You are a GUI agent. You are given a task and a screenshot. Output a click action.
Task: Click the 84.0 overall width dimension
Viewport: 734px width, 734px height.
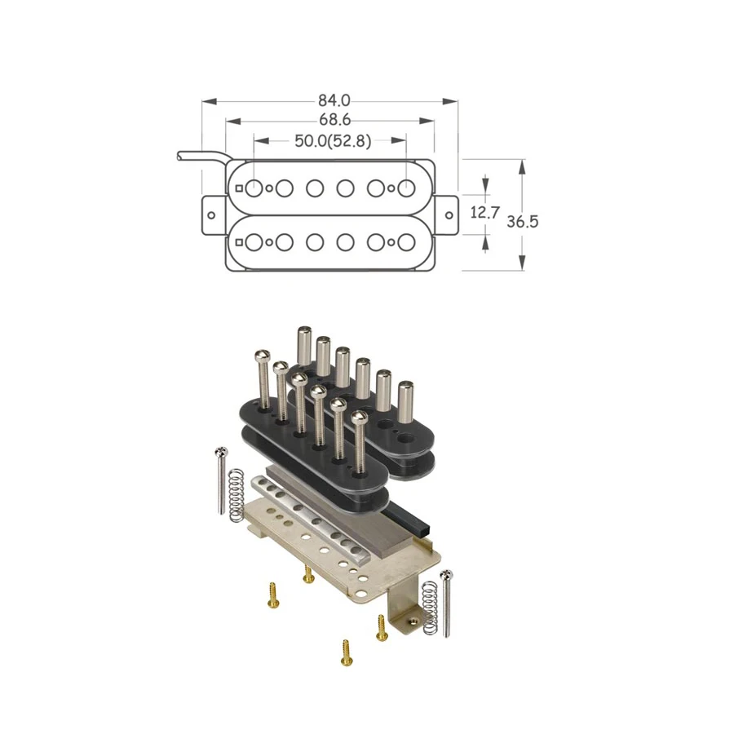(x=334, y=101)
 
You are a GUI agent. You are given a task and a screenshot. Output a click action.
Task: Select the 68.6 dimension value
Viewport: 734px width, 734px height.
(x=334, y=121)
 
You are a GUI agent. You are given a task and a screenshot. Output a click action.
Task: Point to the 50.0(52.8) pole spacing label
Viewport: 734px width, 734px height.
(x=332, y=140)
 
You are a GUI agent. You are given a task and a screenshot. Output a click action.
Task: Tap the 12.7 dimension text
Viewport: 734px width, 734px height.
(x=484, y=213)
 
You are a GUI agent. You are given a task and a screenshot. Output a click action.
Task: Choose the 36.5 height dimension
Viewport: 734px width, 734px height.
(x=523, y=222)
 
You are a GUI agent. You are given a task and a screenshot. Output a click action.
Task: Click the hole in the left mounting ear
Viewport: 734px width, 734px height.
(x=211, y=216)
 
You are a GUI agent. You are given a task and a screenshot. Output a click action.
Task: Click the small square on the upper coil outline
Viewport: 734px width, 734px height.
(x=238, y=188)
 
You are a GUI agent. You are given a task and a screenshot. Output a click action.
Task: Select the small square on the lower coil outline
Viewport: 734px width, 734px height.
(x=238, y=243)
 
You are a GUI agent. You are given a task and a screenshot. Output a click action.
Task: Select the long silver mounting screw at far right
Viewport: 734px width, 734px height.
(x=446, y=604)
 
